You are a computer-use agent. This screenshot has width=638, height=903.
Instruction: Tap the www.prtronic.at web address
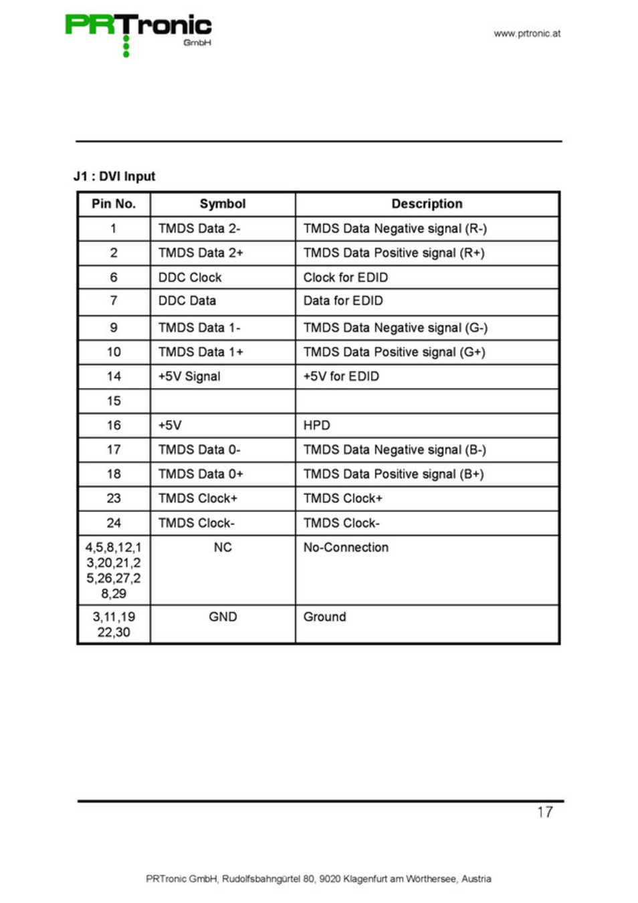click(x=527, y=33)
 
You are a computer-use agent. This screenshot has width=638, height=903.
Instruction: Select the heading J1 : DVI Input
click(x=114, y=177)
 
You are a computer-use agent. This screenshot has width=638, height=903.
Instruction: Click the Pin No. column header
click(x=114, y=204)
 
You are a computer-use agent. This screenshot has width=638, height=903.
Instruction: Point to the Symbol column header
click(x=223, y=204)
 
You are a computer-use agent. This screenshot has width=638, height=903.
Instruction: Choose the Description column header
click(x=427, y=204)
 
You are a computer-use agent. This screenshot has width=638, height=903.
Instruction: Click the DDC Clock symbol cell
click(x=190, y=278)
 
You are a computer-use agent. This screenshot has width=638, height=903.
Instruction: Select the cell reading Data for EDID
click(x=343, y=301)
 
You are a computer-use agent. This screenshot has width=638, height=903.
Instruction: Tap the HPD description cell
click(x=317, y=425)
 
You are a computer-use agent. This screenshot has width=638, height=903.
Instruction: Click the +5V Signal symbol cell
click(x=189, y=377)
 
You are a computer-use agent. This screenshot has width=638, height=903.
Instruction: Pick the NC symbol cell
click(x=223, y=548)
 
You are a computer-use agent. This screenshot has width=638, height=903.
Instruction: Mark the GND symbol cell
click(x=223, y=617)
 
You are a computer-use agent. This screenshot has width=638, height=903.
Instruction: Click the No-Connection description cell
click(x=346, y=548)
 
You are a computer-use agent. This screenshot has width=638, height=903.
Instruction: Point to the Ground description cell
click(x=325, y=617)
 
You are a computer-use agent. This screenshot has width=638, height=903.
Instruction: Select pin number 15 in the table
click(x=114, y=401)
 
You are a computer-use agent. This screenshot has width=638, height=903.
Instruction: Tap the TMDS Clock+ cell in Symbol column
click(x=198, y=499)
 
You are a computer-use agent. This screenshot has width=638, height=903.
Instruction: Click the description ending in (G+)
click(x=394, y=353)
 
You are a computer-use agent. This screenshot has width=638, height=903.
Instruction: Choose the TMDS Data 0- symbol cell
click(x=199, y=450)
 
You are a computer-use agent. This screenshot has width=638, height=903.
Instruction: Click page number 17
click(x=545, y=813)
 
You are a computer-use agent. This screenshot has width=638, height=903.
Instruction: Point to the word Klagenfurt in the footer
click(x=365, y=879)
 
